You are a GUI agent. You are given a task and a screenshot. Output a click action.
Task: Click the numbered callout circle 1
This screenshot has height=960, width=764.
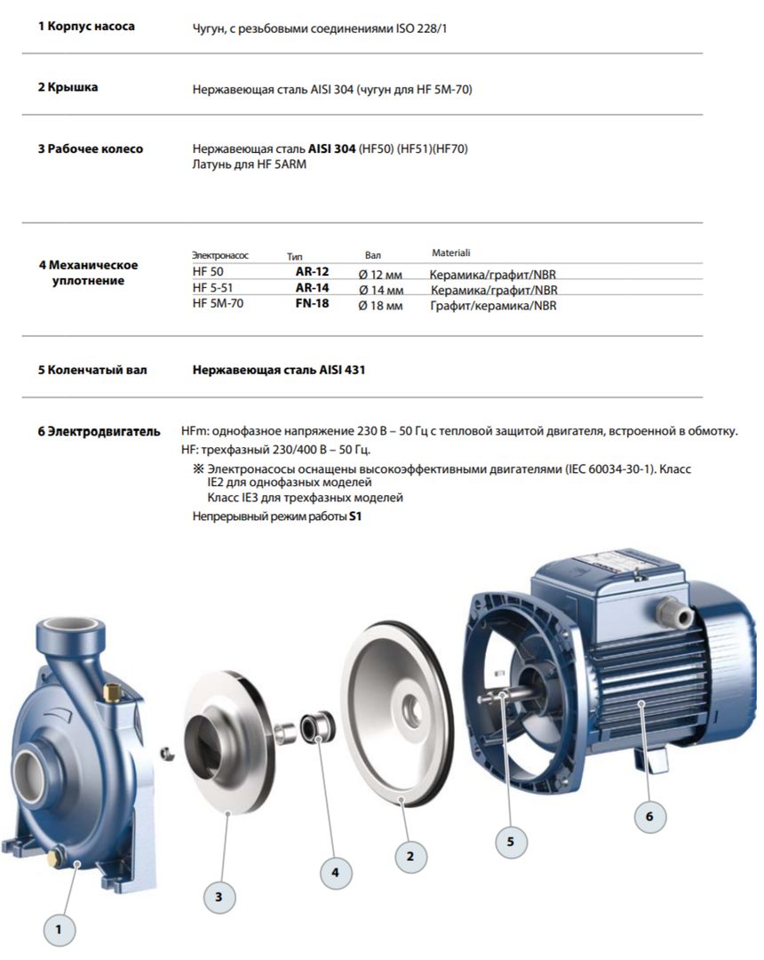(x=60, y=930)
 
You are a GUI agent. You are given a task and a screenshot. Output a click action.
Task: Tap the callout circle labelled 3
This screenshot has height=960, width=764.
(x=219, y=897)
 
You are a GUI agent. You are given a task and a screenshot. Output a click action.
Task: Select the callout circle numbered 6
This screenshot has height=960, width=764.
(x=649, y=816)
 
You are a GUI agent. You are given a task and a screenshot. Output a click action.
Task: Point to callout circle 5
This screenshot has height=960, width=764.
(x=511, y=839)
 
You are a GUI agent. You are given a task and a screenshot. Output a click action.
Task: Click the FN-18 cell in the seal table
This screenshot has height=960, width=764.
(x=312, y=304)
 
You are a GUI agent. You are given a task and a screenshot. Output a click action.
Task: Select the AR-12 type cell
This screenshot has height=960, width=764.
(x=312, y=274)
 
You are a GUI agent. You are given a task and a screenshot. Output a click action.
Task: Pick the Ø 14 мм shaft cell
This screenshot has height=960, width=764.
(x=380, y=290)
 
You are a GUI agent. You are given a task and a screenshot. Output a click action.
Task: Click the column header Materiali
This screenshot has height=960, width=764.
(x=450, y=253)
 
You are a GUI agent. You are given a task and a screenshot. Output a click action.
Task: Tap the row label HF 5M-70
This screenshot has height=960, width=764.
(x=218, y=304)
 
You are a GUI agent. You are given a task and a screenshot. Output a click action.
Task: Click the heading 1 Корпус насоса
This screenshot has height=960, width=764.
(x=86, y=27)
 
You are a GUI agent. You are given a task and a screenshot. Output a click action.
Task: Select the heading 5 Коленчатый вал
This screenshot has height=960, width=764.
(x=92, y=370)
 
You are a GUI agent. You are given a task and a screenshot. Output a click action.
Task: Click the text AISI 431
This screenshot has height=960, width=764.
(x=342, y=370)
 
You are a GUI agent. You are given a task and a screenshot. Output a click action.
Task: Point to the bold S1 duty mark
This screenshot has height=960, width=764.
(x=357, y=516)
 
